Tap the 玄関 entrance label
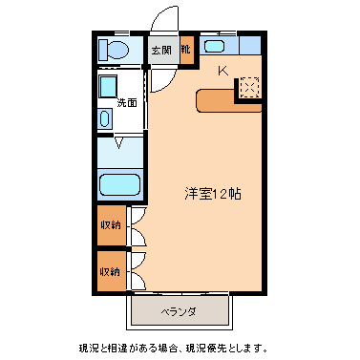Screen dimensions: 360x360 pos(159,50)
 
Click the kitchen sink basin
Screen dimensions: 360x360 pos(215,46)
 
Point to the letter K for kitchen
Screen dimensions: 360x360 pos(222,70)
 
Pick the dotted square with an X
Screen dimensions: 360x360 pos(249,88)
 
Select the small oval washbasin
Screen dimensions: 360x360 pos(105,119)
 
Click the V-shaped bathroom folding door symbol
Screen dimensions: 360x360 pos(118,145)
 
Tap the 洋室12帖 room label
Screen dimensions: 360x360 pos(212,192)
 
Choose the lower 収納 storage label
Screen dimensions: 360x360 pos(110,271)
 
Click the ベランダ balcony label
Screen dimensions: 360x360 pos(179,311)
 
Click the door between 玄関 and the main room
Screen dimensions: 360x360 pos(161,76)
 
